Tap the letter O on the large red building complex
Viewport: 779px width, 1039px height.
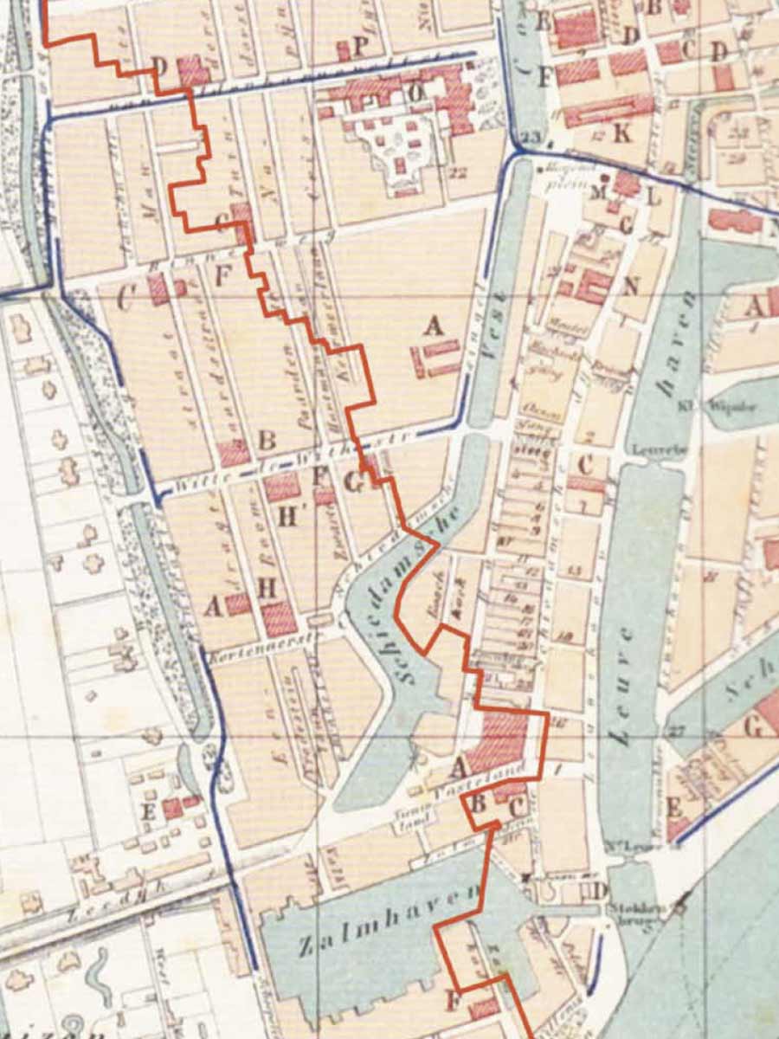click(x=415, y=90)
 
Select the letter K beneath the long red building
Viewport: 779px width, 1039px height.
click(x=621, y=134)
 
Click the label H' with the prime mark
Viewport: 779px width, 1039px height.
click(x=289, y=516)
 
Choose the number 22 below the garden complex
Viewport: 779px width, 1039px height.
click(x=459, y=172)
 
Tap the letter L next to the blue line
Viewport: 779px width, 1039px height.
click(x=654, y=196)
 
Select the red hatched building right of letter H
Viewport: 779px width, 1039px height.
click(x=280, y=618)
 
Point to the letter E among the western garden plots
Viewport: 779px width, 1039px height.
click(x=148, y=811)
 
